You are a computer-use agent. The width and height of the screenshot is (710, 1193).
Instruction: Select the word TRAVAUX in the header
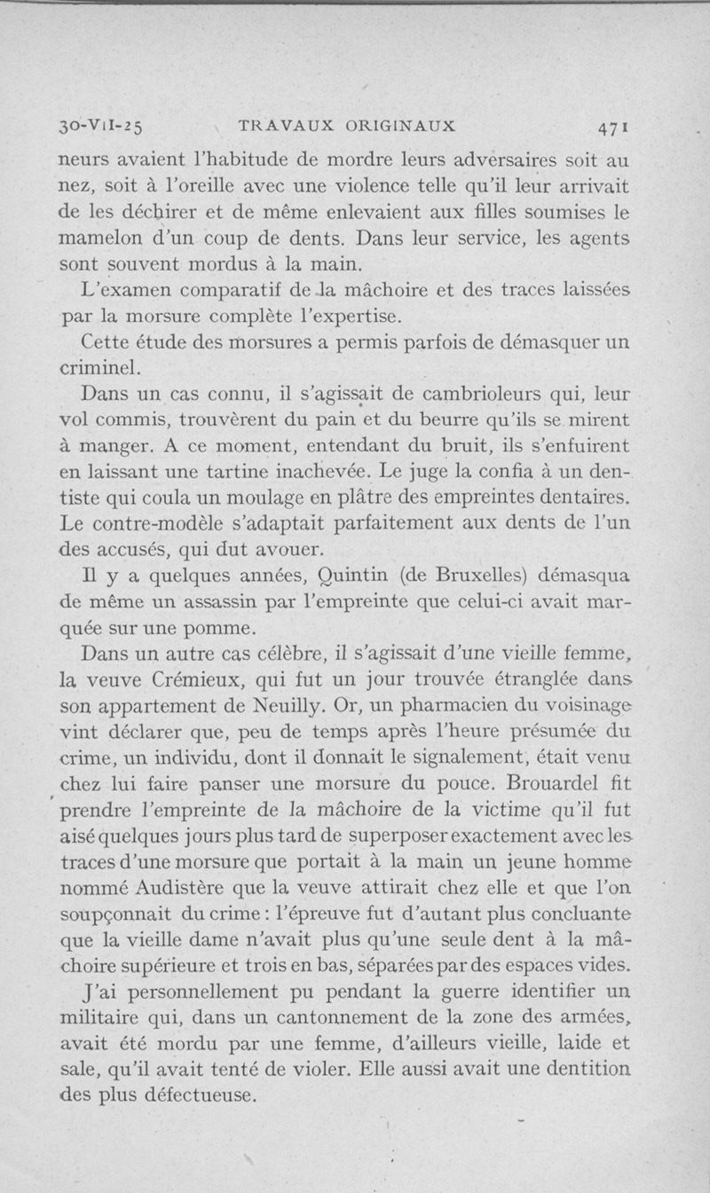[x=280, y=126]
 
